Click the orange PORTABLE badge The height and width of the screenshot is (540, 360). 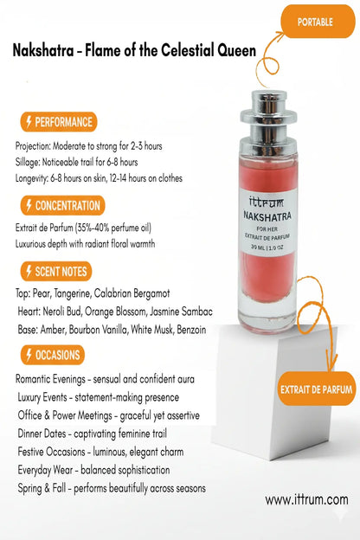click(x=318, y=22)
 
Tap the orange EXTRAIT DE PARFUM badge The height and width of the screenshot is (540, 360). click(x=316, y=389)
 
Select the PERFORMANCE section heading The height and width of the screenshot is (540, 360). click(x=59, y=122)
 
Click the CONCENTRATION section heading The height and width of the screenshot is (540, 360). click(x=62, y=206)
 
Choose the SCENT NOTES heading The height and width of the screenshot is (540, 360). click(x=55, y=272)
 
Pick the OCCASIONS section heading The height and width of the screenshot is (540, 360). click(x=53, y=355)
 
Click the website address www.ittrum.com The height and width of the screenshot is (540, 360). click(x=306, y=499)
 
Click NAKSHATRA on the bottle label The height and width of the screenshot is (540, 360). click(x=267, y=216)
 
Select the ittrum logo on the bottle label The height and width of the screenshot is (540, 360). click(x=267, y=202)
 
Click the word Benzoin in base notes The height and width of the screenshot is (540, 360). click(x=191, y=330)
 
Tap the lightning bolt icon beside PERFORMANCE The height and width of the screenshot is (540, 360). click(x=29, y=121)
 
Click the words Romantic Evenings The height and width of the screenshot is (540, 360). click(x=50, y=379)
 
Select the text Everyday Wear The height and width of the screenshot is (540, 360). click(x=45, y=470)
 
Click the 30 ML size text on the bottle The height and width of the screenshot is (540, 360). click(x=258, y=247)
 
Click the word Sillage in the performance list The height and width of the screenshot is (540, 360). click(x=28, y=162)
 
